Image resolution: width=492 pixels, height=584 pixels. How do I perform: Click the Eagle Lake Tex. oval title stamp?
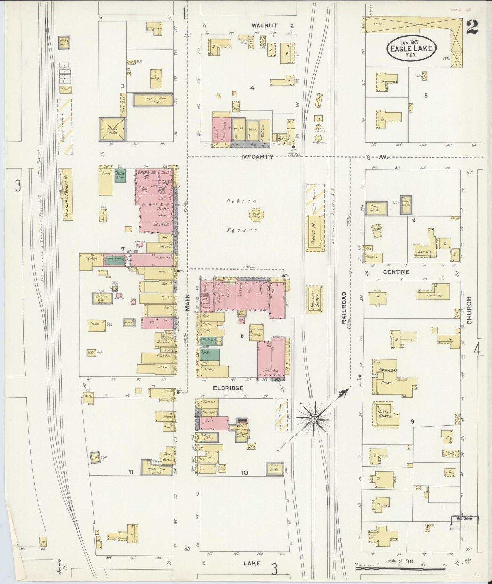411,48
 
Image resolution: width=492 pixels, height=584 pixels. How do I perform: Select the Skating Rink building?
153,100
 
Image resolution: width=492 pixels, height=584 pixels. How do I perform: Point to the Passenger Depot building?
314,299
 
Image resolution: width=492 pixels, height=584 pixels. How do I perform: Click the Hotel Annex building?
386,414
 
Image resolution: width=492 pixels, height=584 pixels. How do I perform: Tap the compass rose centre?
314,418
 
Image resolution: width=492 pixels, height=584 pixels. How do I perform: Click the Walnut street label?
265,25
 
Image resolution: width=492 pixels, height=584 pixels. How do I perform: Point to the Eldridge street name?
228,388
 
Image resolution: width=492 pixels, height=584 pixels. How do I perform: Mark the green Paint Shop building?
120,175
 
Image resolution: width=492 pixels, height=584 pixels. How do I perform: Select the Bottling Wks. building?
101,298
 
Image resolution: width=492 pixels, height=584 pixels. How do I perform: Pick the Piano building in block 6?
376,208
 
